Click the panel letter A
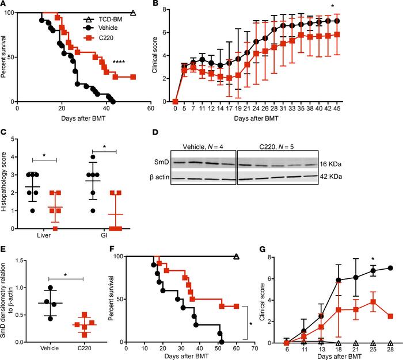[x=4, y=5]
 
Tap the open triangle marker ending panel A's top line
[x=134, y=12]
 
